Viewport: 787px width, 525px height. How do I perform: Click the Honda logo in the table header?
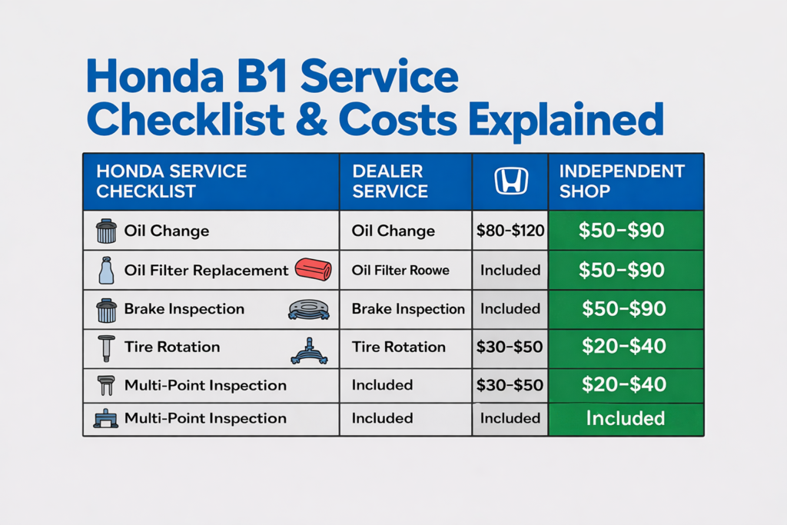click(x=510, y=181)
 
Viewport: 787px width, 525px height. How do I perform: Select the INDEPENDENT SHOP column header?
click(x=621, y=181)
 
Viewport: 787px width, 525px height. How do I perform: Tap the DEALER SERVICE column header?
click(x=390, y=181)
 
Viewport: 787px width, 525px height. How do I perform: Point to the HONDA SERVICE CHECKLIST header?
click(x=171, y=181)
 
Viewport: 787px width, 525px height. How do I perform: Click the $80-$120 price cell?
click(x=510, y=231)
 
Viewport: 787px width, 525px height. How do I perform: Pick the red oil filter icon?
click(x=313, y=270)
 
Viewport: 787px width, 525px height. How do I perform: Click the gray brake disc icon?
click(x=308, y=309)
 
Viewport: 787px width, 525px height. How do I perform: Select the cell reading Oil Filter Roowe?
click(x=400, y=271)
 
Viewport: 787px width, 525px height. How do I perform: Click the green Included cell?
click(x=625, y=418)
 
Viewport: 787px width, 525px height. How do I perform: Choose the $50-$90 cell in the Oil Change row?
click(x=622, y=231)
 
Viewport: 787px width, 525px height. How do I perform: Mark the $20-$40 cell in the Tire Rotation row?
click(x=623, y=347)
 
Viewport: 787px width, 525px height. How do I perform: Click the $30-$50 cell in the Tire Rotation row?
click(x=510, y=347)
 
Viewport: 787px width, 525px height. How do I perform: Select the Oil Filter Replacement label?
click(x=206, y=271)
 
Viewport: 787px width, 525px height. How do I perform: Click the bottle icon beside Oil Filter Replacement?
click(x=106, y=271)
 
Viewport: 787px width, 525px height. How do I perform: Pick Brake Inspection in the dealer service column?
click(x=408, y=309)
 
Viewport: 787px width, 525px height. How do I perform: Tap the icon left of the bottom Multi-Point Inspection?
click(x=105, y=419)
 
